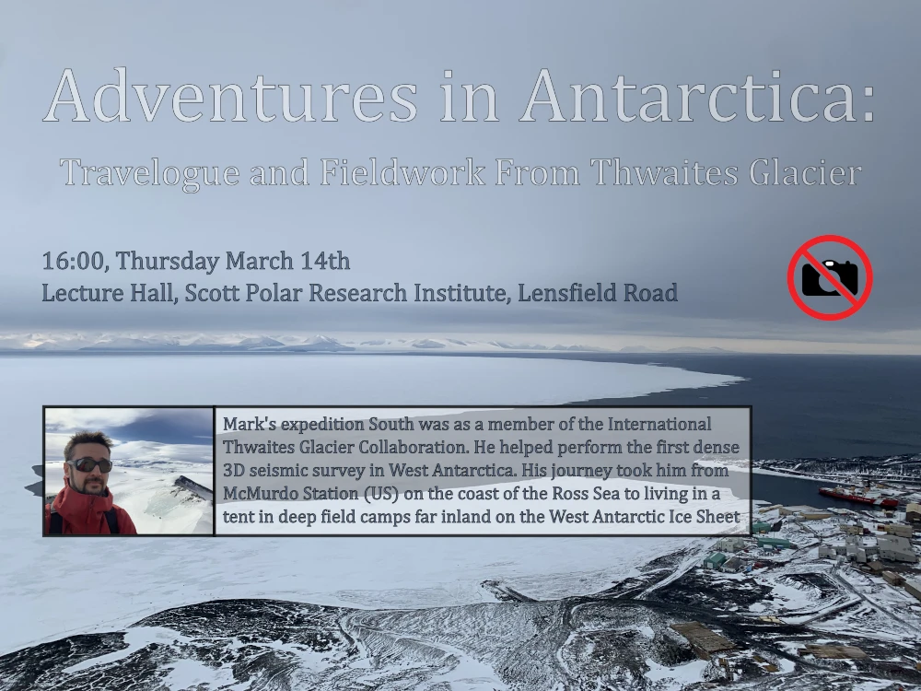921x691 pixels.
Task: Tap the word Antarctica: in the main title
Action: [x=697, y=96]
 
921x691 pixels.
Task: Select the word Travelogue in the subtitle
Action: [x=150, y=173]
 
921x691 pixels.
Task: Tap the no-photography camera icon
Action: [x=829, y=277]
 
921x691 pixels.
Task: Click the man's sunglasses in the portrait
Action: [x=89, y=464]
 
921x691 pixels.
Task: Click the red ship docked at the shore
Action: [x=857, y=498]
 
